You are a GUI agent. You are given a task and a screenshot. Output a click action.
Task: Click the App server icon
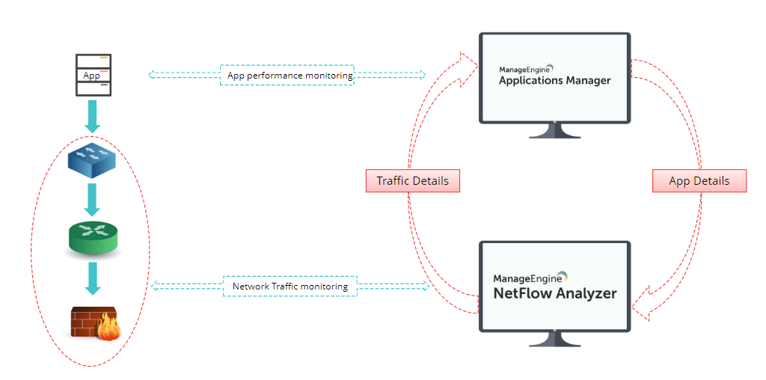coord(94,75)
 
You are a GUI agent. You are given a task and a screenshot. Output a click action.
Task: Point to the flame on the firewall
coord(108,326)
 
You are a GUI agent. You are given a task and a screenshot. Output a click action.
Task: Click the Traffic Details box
coord(412,180)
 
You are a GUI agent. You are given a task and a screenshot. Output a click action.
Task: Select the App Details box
coord(699,181)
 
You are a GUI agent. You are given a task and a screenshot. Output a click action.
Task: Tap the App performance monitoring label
coord(287,76)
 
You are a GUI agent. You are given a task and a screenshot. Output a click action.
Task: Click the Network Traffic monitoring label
coord(290,286)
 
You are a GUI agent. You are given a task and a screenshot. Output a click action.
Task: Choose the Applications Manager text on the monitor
coord(554,81)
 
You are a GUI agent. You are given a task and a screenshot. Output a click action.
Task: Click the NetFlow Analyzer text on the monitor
coord(555,292)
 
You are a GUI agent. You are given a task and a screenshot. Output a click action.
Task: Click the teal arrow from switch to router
coord(93,199)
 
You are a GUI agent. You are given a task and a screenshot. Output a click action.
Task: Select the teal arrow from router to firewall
coord(93,279)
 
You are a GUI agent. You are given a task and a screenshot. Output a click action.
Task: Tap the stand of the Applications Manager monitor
coord(554,132)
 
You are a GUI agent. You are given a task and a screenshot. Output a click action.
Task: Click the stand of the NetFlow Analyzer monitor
coord(554,340)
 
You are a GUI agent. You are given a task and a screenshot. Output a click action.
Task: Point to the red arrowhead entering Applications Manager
coord(469,64)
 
